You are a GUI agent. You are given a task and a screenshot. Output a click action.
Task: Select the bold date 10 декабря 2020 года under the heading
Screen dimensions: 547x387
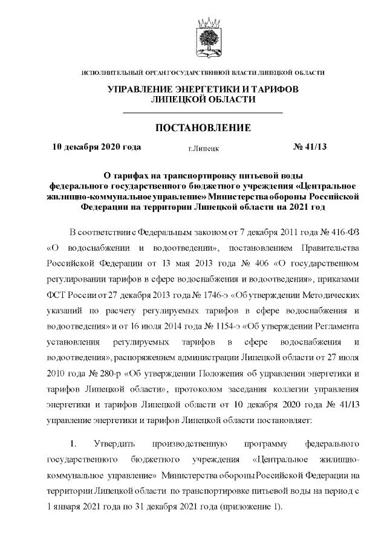click(x=97, y=146)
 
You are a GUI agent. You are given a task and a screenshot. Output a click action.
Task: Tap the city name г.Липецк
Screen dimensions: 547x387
click(x=203, y=147)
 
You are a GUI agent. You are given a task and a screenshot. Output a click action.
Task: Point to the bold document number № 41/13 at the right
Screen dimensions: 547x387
click(x=310, y=146)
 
